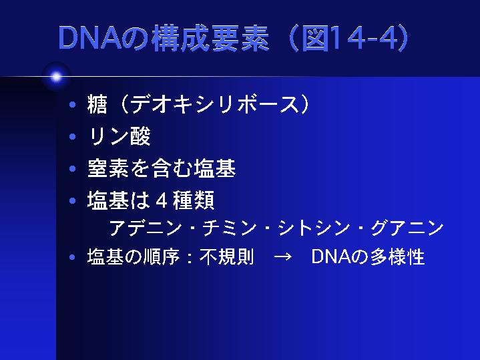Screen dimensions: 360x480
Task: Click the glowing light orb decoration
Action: point(56,77)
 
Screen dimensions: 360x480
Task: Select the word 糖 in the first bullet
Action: point(98,104)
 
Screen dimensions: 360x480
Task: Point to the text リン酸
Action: point(119,136)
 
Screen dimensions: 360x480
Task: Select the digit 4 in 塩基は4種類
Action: point(160,200)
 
